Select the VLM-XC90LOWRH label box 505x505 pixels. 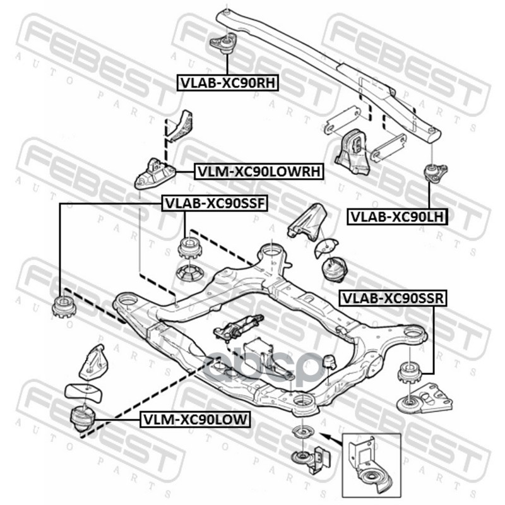(x=259, y=171)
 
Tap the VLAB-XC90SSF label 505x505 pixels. (x=216, y=203)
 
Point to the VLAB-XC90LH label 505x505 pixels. (x=398, y=217)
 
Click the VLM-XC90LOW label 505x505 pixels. (x=195, y=418)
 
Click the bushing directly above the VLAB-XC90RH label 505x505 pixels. (x=223, y=44)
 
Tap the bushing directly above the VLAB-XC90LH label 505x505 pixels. (x=434, y=172)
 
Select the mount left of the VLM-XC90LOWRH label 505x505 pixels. (x=154, y=172)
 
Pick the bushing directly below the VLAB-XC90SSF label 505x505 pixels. (x=189, y=247)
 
